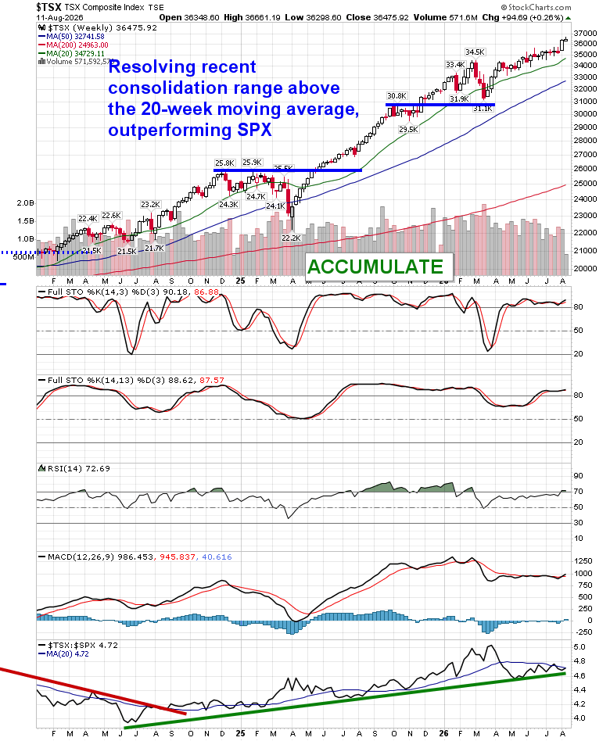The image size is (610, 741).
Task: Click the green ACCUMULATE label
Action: [375, 267]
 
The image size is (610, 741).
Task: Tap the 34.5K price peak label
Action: [475, 52]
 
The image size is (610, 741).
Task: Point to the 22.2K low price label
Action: [291, 238]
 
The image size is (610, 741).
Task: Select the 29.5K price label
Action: [408, 129]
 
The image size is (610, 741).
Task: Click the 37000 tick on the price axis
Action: [585, 33]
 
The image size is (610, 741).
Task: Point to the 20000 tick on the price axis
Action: [585, 268]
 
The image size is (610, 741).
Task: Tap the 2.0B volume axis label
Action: [26, 202]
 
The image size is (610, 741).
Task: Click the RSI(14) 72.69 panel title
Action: [78, 468]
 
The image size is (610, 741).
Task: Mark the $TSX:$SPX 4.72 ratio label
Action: [83, 645]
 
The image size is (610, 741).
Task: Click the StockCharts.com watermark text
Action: [536, 7]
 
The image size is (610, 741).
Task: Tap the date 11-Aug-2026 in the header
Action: [59, 17]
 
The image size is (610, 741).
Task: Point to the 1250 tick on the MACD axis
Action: [583, 561]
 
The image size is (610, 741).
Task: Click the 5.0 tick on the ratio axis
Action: [579, 647]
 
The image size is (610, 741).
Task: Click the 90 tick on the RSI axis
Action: [578, 476]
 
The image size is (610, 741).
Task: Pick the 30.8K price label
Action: [396, 96]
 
